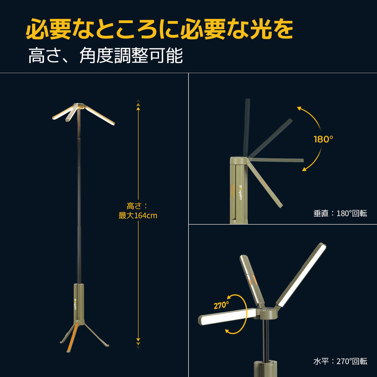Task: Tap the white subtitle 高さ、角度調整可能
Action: click(105, 56)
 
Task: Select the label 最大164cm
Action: click(138, 216)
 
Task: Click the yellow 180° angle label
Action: click(324, 139)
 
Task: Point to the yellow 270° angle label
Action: click(221, 305)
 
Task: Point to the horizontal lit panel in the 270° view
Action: click(227, 316)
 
